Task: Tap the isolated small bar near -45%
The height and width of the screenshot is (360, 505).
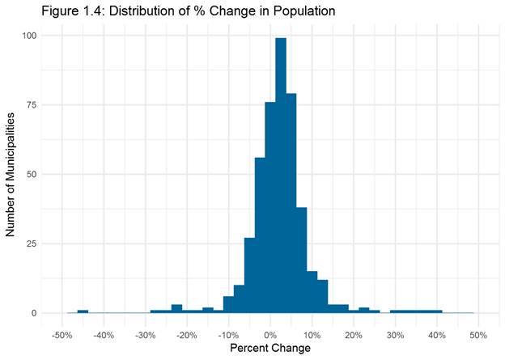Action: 83,311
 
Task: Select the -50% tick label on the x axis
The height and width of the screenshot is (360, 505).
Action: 62,335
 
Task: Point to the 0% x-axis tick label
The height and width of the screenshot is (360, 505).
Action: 270,335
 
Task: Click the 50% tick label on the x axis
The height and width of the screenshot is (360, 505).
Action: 477,335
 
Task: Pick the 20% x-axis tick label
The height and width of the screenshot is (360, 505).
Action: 354,335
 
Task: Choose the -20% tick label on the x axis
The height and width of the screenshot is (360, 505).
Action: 186,335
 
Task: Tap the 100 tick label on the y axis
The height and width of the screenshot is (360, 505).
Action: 29,36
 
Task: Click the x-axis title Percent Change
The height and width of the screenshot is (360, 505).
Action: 269,349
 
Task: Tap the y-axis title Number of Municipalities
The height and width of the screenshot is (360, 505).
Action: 11,174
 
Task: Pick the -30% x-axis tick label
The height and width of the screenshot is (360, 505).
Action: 145,335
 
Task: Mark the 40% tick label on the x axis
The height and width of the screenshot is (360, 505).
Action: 437,335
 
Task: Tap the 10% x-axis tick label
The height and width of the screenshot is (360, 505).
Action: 312,335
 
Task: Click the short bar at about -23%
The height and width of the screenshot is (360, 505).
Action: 176,309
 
